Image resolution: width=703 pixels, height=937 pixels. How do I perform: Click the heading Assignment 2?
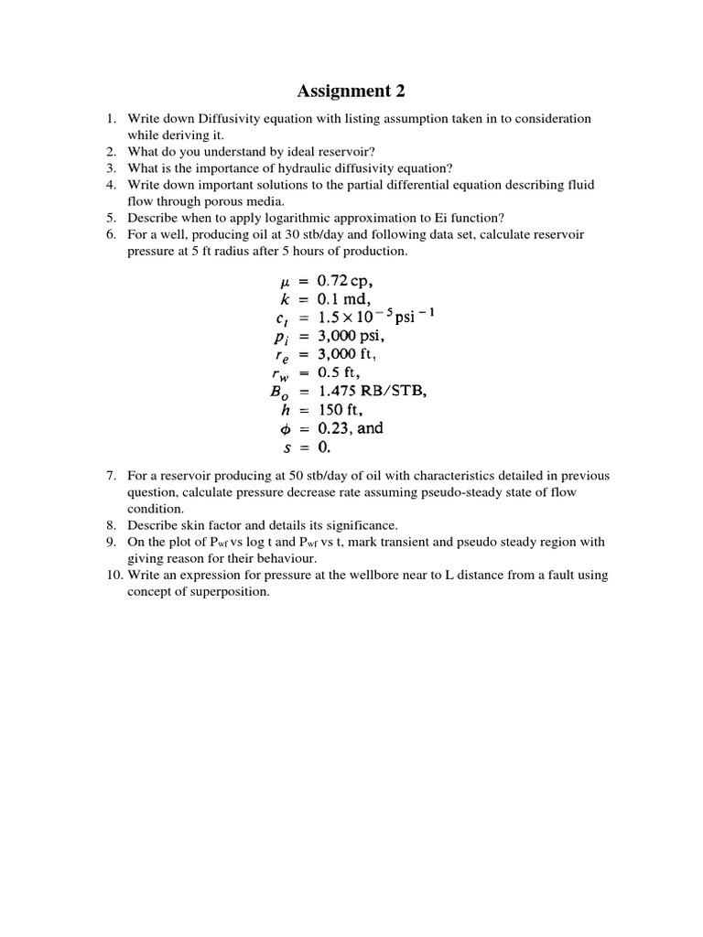351,91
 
